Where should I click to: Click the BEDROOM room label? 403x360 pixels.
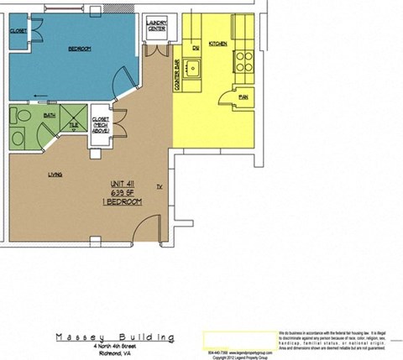(x=79, y=48)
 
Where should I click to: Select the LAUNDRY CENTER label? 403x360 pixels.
(x=156, y=25)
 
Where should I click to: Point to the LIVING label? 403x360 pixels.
(x=55, y=175)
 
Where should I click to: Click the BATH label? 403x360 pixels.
(x=50, y=116)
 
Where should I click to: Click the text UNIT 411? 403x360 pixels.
(x=124, y=185)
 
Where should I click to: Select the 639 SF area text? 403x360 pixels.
(x=124, y=193)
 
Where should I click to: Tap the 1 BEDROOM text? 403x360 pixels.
(x=124, y=202)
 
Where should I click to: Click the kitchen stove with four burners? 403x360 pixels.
(x=243, y=60)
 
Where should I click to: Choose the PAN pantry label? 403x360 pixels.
(x=243, y=98)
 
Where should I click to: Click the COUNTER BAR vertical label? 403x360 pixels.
(x=177, y=76)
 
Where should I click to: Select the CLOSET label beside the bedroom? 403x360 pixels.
(x=18, y=31)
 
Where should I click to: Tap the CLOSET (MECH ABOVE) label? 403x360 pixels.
(x=101, y=125)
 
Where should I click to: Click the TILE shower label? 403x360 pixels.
(x=74, y=124)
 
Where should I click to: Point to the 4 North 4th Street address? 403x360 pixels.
(x=116, y=347)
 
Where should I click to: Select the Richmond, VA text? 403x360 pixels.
(x=116, y=353)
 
